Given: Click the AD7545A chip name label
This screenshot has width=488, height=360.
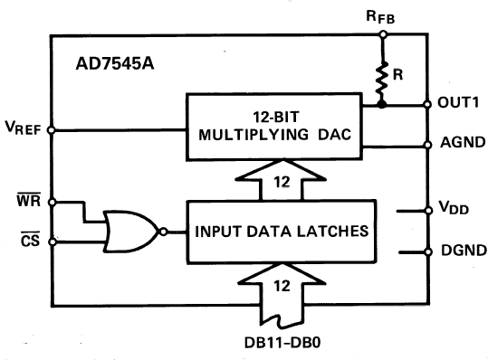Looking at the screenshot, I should coord(115,68).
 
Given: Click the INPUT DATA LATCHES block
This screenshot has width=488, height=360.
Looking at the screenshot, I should coord(282,231).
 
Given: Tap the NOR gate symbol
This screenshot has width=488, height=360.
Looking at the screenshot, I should coord(129,231).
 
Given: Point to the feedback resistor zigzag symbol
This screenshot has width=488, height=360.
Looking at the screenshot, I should coord(383,79).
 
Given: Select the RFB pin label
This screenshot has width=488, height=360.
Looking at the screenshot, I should coord(381,15).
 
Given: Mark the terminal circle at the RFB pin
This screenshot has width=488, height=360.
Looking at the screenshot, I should coord(382,35).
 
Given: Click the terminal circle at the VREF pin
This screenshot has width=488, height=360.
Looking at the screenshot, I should coord(52,128).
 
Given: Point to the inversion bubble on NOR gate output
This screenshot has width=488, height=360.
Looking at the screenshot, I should coord(165,231).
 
